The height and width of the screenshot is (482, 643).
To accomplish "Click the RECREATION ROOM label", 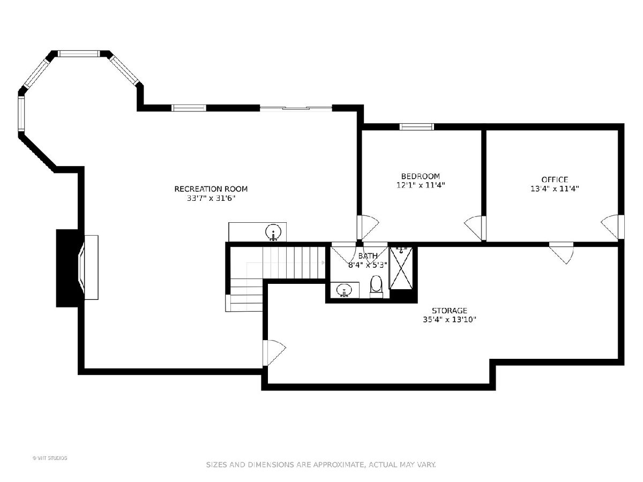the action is [211, 189].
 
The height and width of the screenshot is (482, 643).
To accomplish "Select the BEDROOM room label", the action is [421, 176].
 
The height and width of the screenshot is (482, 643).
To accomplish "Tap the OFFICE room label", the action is [555, 179].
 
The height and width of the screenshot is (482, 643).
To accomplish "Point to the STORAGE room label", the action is [450, 310].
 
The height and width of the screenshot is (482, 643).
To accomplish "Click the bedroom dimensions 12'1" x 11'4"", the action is [421, 185].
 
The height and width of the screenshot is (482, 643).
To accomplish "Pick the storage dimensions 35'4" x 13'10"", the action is [450, 320].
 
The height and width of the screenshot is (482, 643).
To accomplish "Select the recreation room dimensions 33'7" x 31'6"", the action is [211, 198].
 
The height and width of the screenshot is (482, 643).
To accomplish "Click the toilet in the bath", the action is [376, 287].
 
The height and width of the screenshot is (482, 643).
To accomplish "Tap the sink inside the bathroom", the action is [343, 290].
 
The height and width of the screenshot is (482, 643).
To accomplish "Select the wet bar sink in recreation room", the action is [273, 232].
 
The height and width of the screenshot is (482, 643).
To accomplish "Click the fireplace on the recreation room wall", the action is [77, 268].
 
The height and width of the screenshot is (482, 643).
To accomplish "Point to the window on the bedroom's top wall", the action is [416, 127].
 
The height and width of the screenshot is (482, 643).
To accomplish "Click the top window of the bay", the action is [78, 54].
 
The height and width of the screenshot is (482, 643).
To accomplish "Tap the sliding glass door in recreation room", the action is [296, 108].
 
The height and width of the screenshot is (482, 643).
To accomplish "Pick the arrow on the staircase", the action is [323, 262].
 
